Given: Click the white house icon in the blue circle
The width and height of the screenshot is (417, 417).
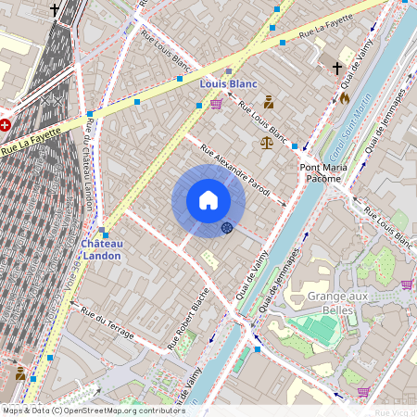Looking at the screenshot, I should click(x=208, y=200).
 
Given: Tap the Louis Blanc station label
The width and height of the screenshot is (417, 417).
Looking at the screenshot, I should click(x=228, y=83).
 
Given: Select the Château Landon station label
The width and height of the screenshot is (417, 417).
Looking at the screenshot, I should click(x=102, y=249).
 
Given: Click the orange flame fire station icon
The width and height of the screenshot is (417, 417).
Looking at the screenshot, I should click(x=345, y=96).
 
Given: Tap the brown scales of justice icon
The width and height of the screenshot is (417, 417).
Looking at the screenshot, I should click(x=268, y=143).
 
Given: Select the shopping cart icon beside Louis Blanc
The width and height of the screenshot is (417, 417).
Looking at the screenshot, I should click(x=216, y=104).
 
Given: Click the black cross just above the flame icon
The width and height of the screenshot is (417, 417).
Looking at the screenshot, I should click(x=337, y=69).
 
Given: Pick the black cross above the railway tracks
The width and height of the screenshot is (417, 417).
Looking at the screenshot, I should click(x=55, y=10).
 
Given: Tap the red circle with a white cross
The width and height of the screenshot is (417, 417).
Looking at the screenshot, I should click(x=5, y=123).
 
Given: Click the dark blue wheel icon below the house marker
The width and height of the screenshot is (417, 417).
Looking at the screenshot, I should click(x=227, y=228).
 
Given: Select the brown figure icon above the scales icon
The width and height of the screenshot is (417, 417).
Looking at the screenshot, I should click(x=269, y=102).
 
